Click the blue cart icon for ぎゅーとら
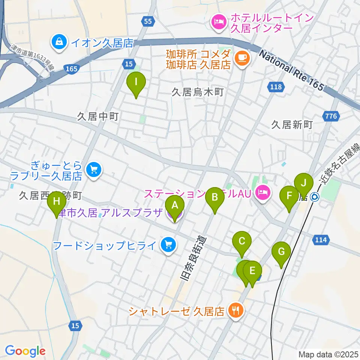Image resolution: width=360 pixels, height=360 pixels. pos(93,170)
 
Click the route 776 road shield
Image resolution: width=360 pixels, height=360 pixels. pos(331,116)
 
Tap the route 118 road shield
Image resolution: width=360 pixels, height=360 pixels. pos(276,87)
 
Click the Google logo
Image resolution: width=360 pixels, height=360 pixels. pos(25,351)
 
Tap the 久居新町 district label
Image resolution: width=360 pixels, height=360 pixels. pos(292,124)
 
